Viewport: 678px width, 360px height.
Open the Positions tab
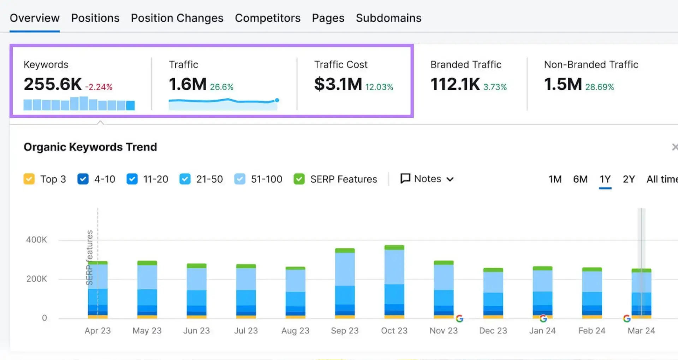pyautogui.click(x=95, y=18)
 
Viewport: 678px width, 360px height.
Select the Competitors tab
pyautogui.click(x=268, y=18)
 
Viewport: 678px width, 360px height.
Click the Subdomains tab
pyautogui.click(x=388, y=18)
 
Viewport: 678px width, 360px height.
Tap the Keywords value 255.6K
pyautogui.click(x=53, y=84)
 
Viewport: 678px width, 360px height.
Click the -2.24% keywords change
pyautogui.click(x=99, y=87)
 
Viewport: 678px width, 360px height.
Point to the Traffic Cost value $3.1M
pyautogui.click(x=338, y=84)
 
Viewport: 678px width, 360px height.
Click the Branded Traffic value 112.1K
pyautogui.click(x=455, y=84)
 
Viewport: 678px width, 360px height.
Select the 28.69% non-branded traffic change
pyautogui.click(x=600, y=87)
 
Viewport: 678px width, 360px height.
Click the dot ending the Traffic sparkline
pyautogui.click(x=277, y=100)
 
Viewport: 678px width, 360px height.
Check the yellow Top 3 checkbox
pyautogui.click(x=29, y=179)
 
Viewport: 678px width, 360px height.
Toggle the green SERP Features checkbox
pyautogui.click(x=299, y=179)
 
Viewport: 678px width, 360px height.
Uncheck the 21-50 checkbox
pyautogui.click(x=185, y=179)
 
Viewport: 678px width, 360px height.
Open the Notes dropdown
pyautogui.click(x=427, y=179)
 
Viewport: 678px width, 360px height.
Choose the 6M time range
pyautogui.click(x=580, y=179)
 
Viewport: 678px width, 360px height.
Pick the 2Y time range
pyautogui.click(x=629, y=179)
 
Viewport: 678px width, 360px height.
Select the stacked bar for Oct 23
pyautogui.click(x=394, y=282)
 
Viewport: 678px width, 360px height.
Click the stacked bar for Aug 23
pyautogui.click(x=295, y=293)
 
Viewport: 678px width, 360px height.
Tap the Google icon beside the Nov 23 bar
pyautogui.click(x=459, y=318)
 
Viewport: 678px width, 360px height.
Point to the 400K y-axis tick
pyautogui.click(x=36, y=240)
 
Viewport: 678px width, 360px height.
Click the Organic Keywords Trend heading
pyautogui.click(x=90, y=147)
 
